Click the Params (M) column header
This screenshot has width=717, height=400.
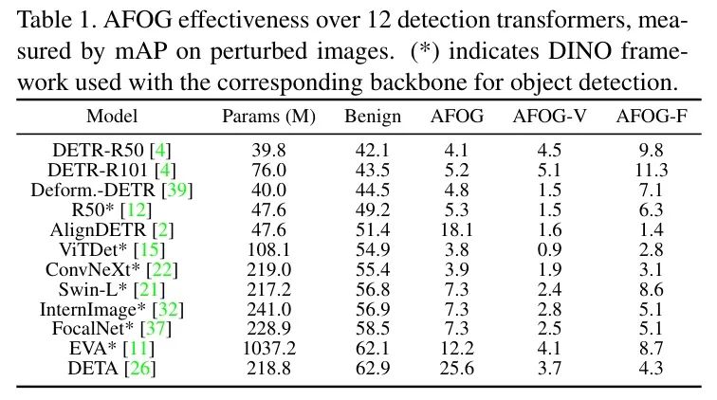coord(262,118)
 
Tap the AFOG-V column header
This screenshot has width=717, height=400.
coord(543,118)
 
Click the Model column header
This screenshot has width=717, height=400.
coord(112,118)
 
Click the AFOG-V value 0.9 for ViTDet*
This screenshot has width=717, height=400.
coord(543,249)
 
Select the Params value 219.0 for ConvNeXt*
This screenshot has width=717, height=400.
coord(262,269)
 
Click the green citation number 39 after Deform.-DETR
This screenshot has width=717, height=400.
coord(178,191)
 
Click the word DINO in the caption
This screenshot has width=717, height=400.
coord(608,52)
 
